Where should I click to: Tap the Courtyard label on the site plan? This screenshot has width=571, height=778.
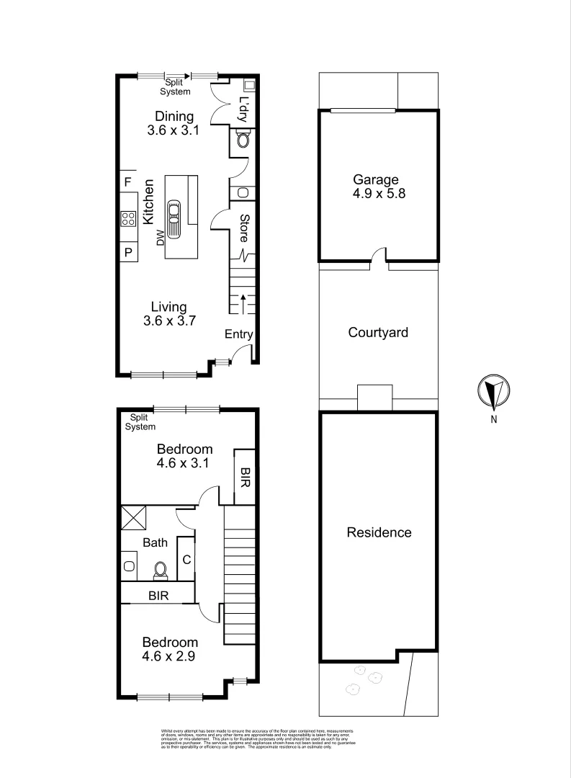click(378, 333)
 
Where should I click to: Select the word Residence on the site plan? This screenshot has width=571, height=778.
click(379, 533)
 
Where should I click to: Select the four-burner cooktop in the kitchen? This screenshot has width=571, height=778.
click(128, 218)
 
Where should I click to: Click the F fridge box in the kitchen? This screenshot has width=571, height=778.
click(127, 182)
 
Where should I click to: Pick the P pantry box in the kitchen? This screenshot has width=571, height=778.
click(128, 252)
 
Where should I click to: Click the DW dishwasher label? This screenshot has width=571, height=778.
click(161, 238)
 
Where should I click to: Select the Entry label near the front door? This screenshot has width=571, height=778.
click(239, 334)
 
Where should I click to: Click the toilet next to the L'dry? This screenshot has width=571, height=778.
click(243, 140)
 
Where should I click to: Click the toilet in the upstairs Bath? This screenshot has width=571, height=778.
click(161, 570)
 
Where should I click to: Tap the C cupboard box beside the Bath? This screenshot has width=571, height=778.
click(186, 559)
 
